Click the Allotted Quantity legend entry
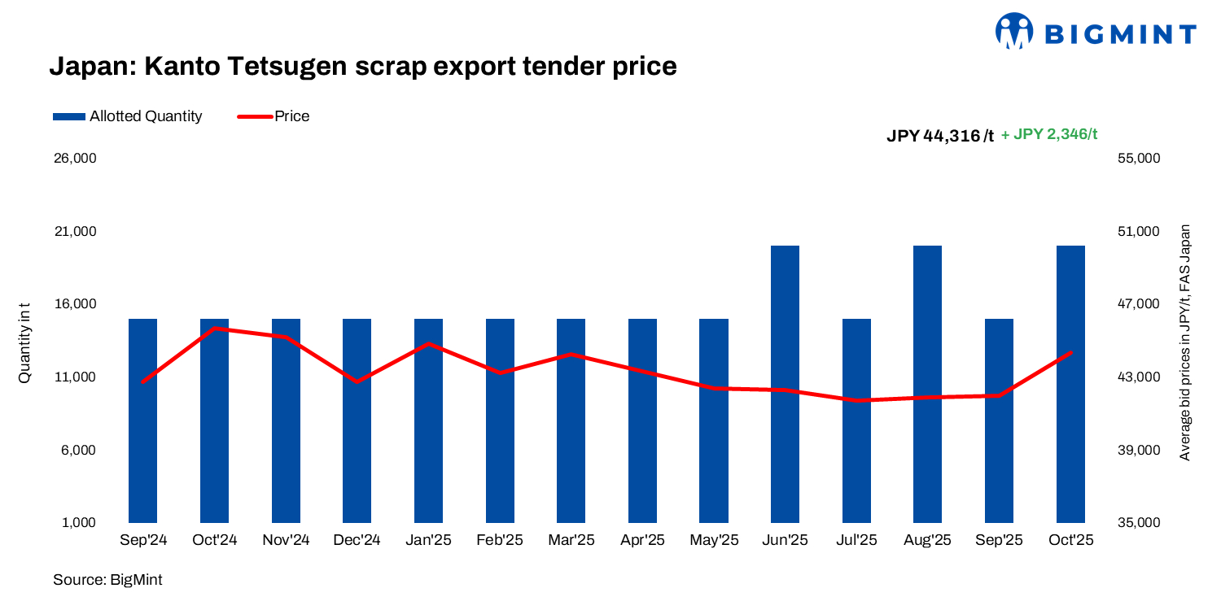coord(127,116)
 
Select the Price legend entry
coord(274,116)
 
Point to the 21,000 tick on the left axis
coord(74,232)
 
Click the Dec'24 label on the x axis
coord(357,541)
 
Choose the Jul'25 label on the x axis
coord(856,541)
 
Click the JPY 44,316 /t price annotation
coord(939,136)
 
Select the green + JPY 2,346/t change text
coord(1048,134)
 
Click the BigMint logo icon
coord(1014,32)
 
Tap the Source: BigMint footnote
coord(107,580)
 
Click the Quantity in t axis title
coord(25,342)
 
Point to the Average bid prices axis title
coord(1185,342)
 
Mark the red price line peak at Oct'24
coord(214,329)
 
